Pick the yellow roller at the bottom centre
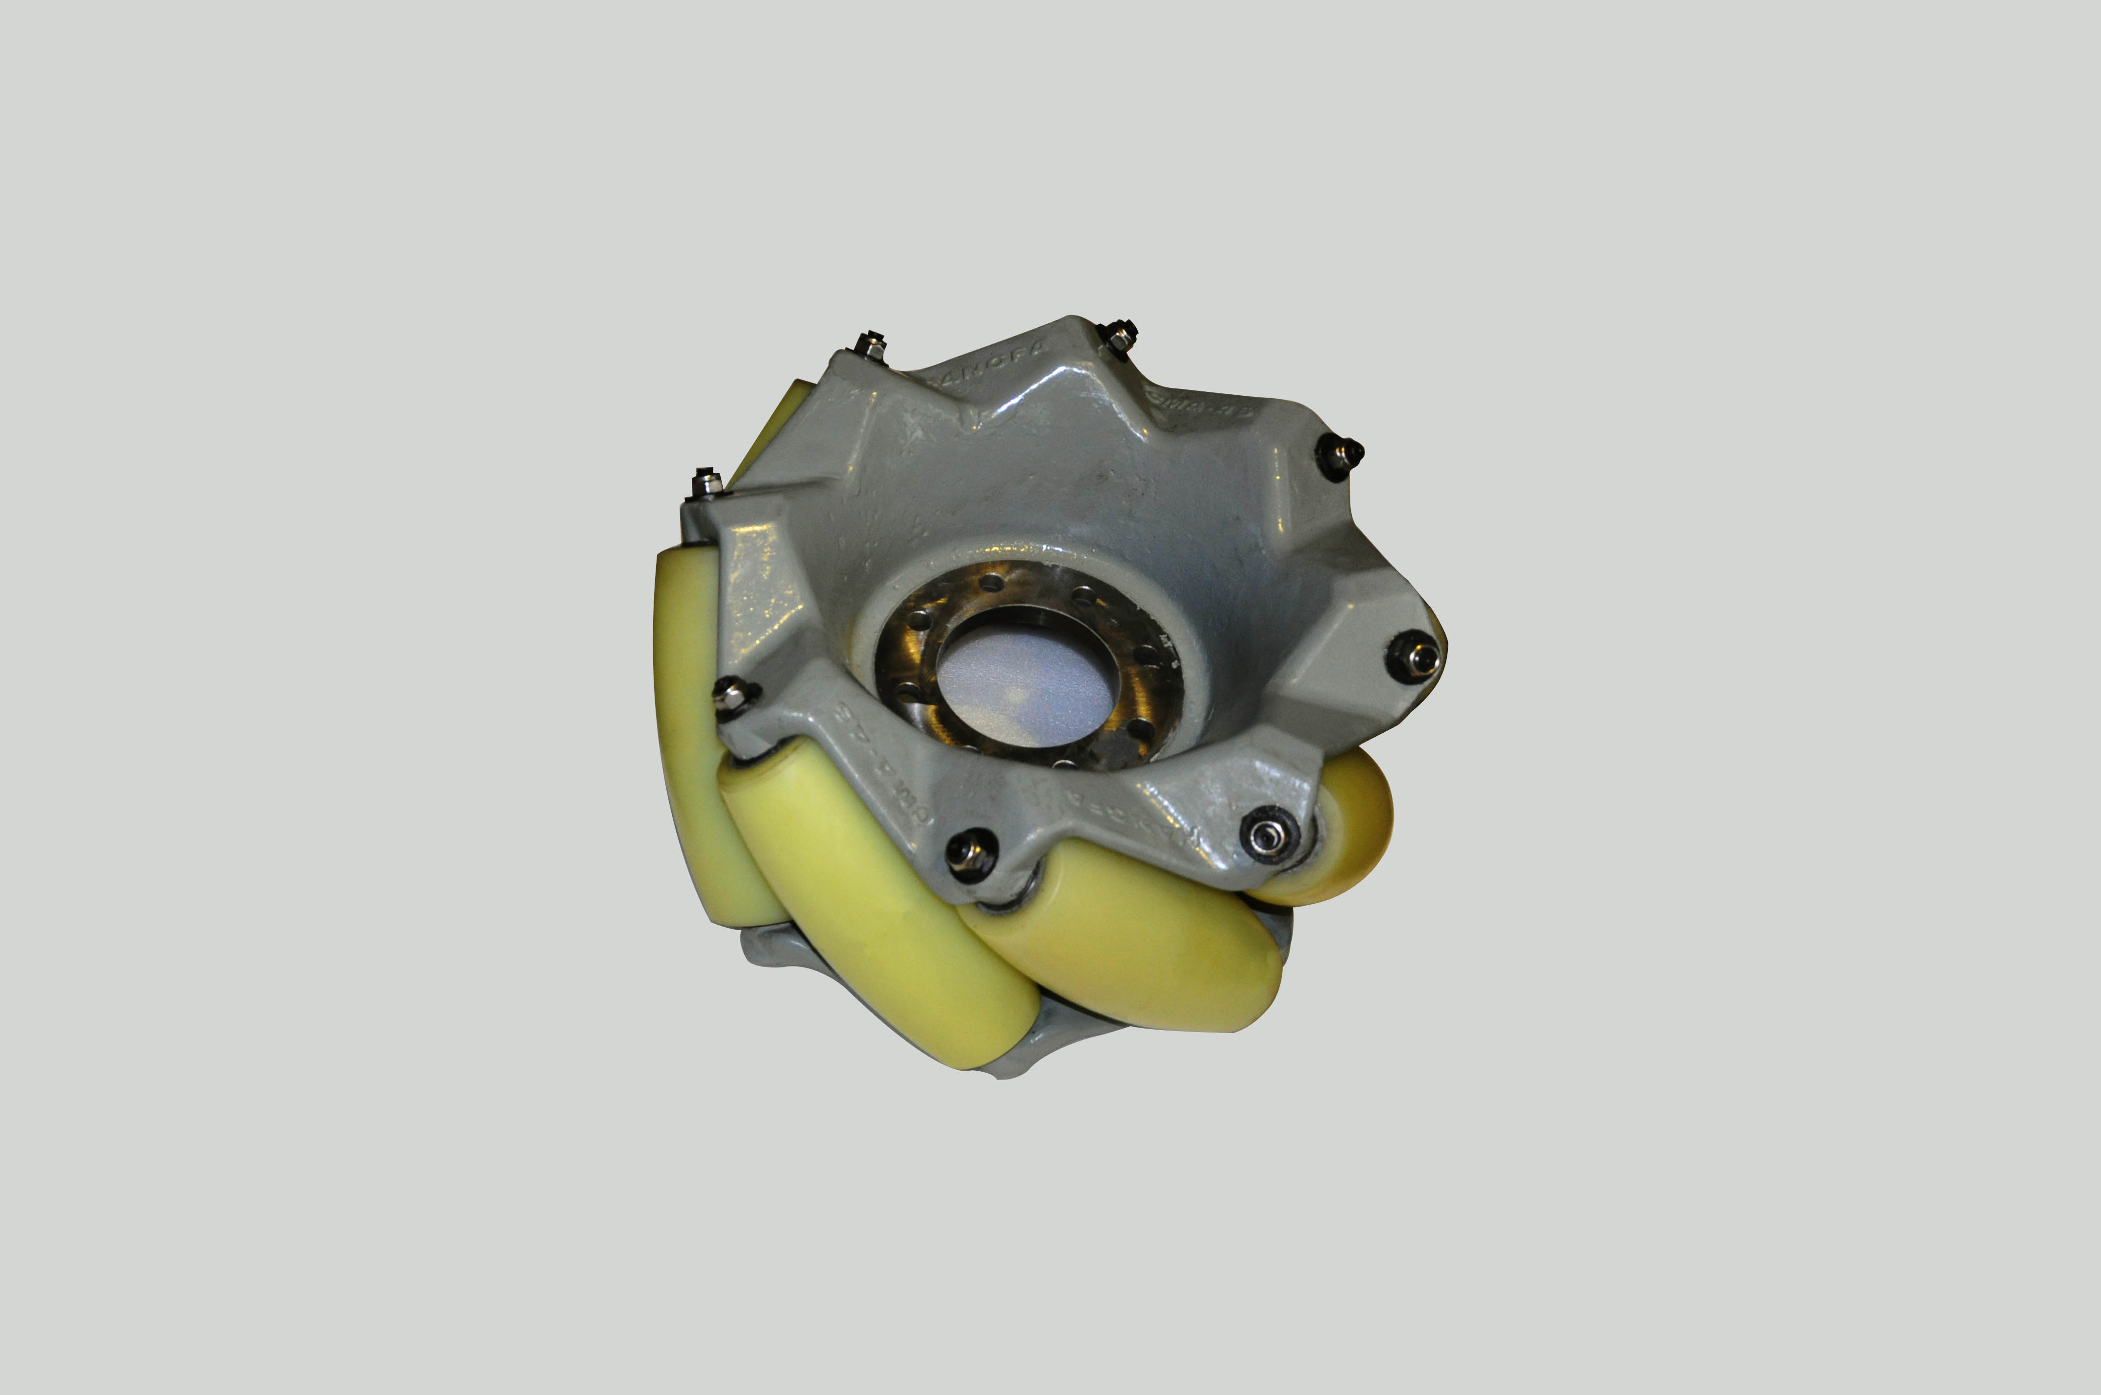pos(1130,934)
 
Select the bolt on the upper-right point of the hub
pos(1342,456)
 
